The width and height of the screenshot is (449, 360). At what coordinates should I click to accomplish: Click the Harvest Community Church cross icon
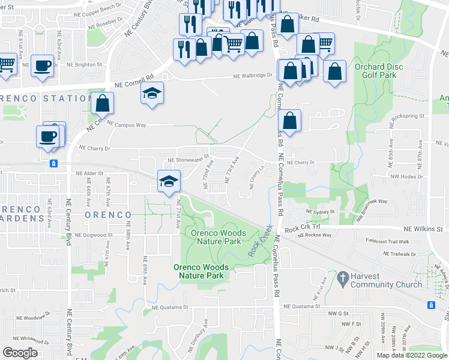[x=343, y=278]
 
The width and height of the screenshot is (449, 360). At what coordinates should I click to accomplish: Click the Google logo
[x=20, y=352]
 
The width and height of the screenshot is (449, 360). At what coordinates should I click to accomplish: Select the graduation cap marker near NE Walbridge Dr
[x=152, y=94]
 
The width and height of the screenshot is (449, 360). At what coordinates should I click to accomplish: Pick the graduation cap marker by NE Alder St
[x=169, y=180]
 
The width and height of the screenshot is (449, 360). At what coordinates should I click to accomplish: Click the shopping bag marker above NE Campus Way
[x=103, y=103]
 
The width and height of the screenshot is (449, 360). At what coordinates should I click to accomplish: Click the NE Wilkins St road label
[x=423, y=228]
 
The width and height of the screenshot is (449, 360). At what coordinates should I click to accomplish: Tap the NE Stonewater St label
[x=187, y=160]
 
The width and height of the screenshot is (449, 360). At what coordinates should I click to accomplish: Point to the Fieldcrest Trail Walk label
[x=387, y=241]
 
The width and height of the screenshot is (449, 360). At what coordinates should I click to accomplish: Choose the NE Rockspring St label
[x=408, y=116]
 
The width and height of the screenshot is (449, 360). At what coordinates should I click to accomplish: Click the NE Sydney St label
[x=319, y=212]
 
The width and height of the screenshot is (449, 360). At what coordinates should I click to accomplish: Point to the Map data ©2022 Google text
[x=412, y=355]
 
